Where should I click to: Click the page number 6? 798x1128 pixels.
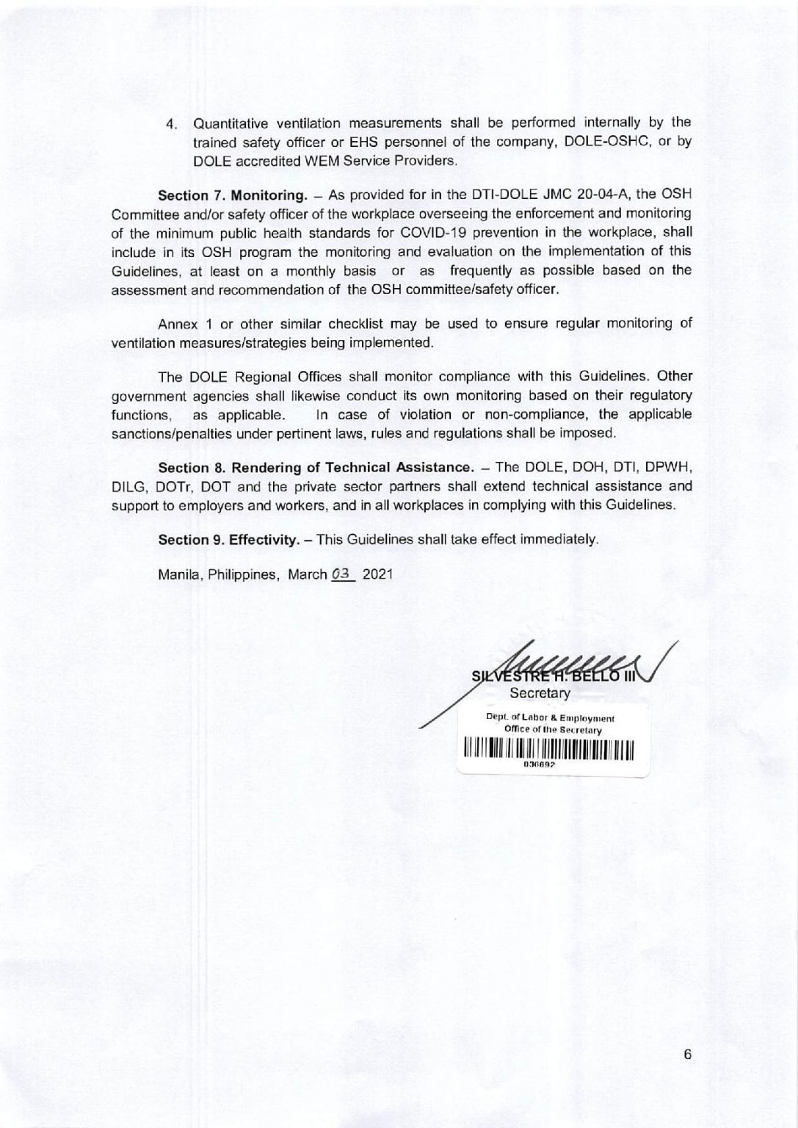click(x=687, y=1054)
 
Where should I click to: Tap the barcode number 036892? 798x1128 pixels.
click(x=538, y=764)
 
